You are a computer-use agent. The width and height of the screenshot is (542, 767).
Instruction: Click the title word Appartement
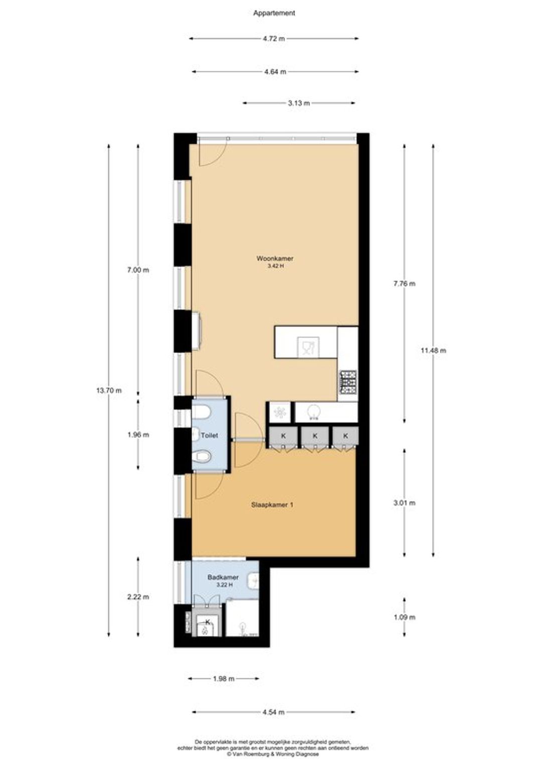[x=274, y=14]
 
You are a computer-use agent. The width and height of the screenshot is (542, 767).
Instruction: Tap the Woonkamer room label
[x=275, y=259]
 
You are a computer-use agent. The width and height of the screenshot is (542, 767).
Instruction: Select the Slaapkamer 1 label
[x=272, y=504]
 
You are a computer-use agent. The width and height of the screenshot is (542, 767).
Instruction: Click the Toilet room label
[x=209, y=436]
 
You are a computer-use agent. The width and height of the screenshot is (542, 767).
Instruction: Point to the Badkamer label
[x=223, y=577]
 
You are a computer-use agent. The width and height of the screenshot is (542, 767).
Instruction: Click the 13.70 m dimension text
[x=109, y=391]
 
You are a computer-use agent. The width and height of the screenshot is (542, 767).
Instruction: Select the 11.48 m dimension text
[x=434, y=350]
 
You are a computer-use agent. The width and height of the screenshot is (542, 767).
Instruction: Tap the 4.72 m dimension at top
[x=274, y=39]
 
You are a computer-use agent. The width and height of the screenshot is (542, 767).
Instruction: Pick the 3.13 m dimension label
[x=299, y=103]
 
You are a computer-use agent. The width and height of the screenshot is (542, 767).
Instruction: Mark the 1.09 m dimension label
[x=404, y=617]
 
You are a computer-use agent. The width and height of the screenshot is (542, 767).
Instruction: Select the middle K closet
[x=315, y=436]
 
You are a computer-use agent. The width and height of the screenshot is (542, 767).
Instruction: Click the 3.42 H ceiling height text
[x=276, y=266]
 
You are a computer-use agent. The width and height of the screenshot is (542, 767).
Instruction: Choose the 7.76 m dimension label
[x=404, y=284]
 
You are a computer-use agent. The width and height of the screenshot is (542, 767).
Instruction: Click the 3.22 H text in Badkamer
[x=224, y=584]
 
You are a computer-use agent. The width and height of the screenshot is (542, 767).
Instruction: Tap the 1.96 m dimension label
[x=139, y=435]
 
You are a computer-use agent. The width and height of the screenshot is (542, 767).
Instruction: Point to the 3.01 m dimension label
[x=404, y=503]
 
